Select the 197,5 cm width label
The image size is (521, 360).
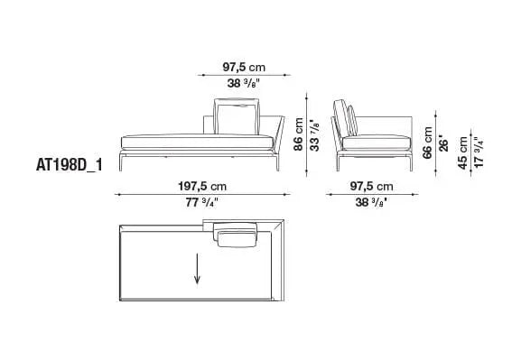200,187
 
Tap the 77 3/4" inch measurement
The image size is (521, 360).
200,202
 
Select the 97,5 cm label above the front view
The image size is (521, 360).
245,65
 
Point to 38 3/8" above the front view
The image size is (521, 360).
244,84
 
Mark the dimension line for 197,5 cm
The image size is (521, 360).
200,194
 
